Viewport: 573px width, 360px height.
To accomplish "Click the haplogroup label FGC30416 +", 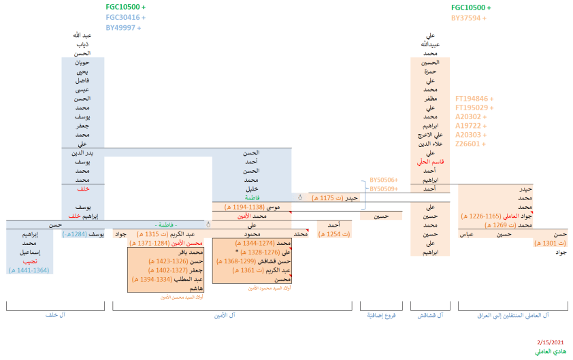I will pyautogui.click(x=125, y=17).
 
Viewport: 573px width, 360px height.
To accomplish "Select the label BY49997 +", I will pyautogui.click(x=123, y=27).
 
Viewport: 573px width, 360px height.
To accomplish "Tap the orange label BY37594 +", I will pyautogui.click(x=469, y=18).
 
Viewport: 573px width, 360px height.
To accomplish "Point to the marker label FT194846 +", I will pyautogui.click(x=474, y=99).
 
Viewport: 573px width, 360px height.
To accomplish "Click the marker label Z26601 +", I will pyautogui.click(x=470, y=144).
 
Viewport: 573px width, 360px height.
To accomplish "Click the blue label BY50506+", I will pyautogui.click(x=383, y=181).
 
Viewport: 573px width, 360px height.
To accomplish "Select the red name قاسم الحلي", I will pyautogui.click(x=429, y=162).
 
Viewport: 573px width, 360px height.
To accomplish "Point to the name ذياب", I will pyautogui.click(x=82, y=44).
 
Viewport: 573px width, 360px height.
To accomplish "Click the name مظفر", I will pyautogui.click(x=429, y=99).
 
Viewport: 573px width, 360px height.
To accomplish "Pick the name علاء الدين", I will pyautogui.click(x=429, y=144).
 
